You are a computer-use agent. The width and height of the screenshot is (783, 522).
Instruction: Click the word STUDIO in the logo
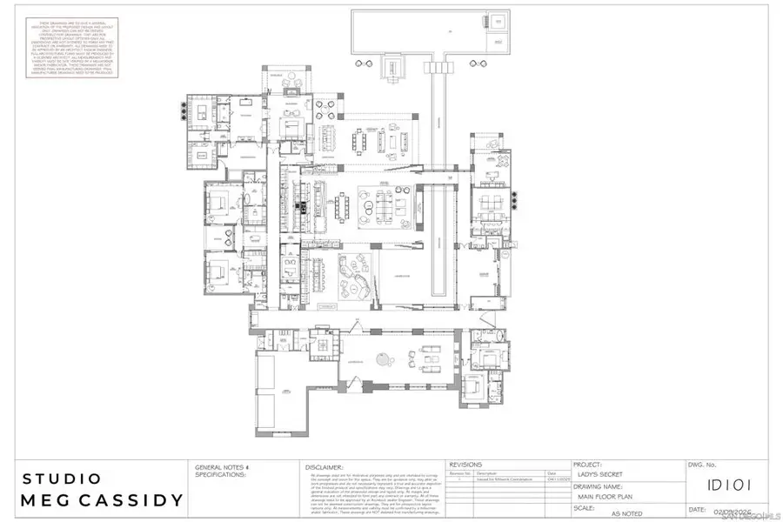tap(61, 478)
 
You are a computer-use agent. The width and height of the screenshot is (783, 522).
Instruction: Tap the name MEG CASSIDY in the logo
tap(102, 500)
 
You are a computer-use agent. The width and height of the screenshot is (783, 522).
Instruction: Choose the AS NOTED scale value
tap(627, 514)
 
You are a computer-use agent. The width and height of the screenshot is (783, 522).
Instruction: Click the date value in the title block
tap(729, 510)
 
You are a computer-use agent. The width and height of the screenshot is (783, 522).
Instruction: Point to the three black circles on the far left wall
tap(183, 110)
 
